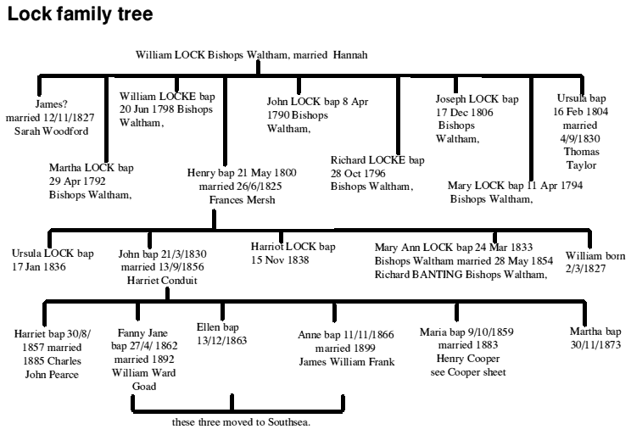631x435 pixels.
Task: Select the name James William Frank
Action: (347, 363)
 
